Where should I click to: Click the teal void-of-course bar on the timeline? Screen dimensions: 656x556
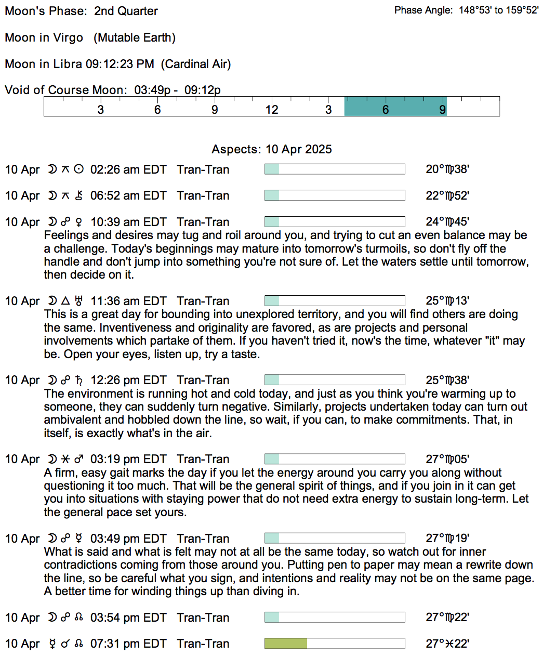pos(395,106)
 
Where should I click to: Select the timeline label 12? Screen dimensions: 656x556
pos(272,110)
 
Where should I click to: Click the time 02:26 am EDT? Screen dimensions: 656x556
pos(128,169)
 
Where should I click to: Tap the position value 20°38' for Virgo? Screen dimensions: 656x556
pos(447,169)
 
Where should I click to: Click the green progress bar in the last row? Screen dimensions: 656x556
pos(285,644)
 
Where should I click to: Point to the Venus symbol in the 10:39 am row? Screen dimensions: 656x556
pos(79,222)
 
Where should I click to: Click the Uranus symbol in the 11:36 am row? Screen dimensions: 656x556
pos(79,301)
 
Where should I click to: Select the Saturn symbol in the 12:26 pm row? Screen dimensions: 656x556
pos(79,381)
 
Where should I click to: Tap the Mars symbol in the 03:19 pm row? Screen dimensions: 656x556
pos(79,460)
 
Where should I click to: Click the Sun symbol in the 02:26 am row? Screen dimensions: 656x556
pos(79,169)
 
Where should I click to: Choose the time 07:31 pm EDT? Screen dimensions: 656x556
pos(128,644)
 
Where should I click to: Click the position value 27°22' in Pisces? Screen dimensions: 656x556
pos(447,644)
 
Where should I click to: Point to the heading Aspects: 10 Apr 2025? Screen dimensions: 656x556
pos(271,149)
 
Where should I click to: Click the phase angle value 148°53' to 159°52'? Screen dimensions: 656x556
pos(498,10)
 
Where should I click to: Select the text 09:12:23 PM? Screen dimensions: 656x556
pos(120,64)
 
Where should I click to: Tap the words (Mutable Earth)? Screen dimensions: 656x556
pos(135,37)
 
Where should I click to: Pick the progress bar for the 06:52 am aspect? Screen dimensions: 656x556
pos(335,195)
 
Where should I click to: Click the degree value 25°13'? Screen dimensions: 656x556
pos(447,301)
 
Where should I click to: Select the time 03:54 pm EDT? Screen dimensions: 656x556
pos(128,618)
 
